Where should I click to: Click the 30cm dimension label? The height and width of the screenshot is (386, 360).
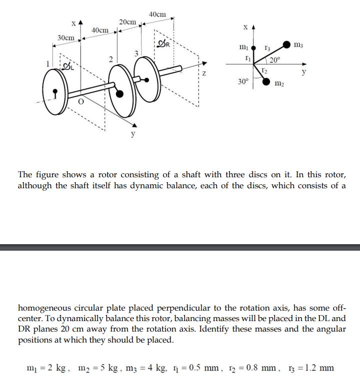(x=65, y=38)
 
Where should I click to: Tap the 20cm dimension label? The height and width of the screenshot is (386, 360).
(x=127, y=22)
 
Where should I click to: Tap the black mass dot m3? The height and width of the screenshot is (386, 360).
(x=286, y=45)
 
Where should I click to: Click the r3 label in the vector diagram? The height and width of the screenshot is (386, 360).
(x=267, y=48)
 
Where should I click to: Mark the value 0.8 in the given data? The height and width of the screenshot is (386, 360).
(x=260, y=368)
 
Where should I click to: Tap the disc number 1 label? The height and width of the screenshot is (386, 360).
(x=48, y=64)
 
